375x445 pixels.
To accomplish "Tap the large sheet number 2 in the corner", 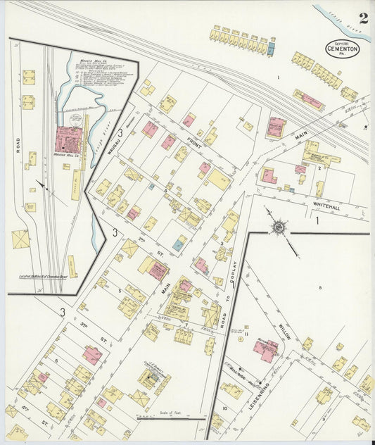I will (x=362, y=18).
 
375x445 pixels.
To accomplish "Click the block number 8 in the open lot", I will (x=320, y=287).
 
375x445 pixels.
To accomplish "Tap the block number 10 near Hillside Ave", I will (x=225, y=407).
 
